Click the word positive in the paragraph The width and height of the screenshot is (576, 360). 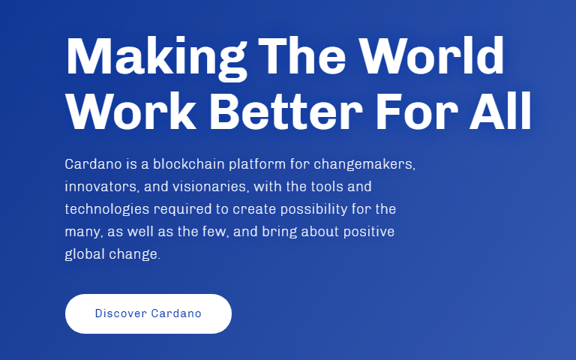coord(368,232)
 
